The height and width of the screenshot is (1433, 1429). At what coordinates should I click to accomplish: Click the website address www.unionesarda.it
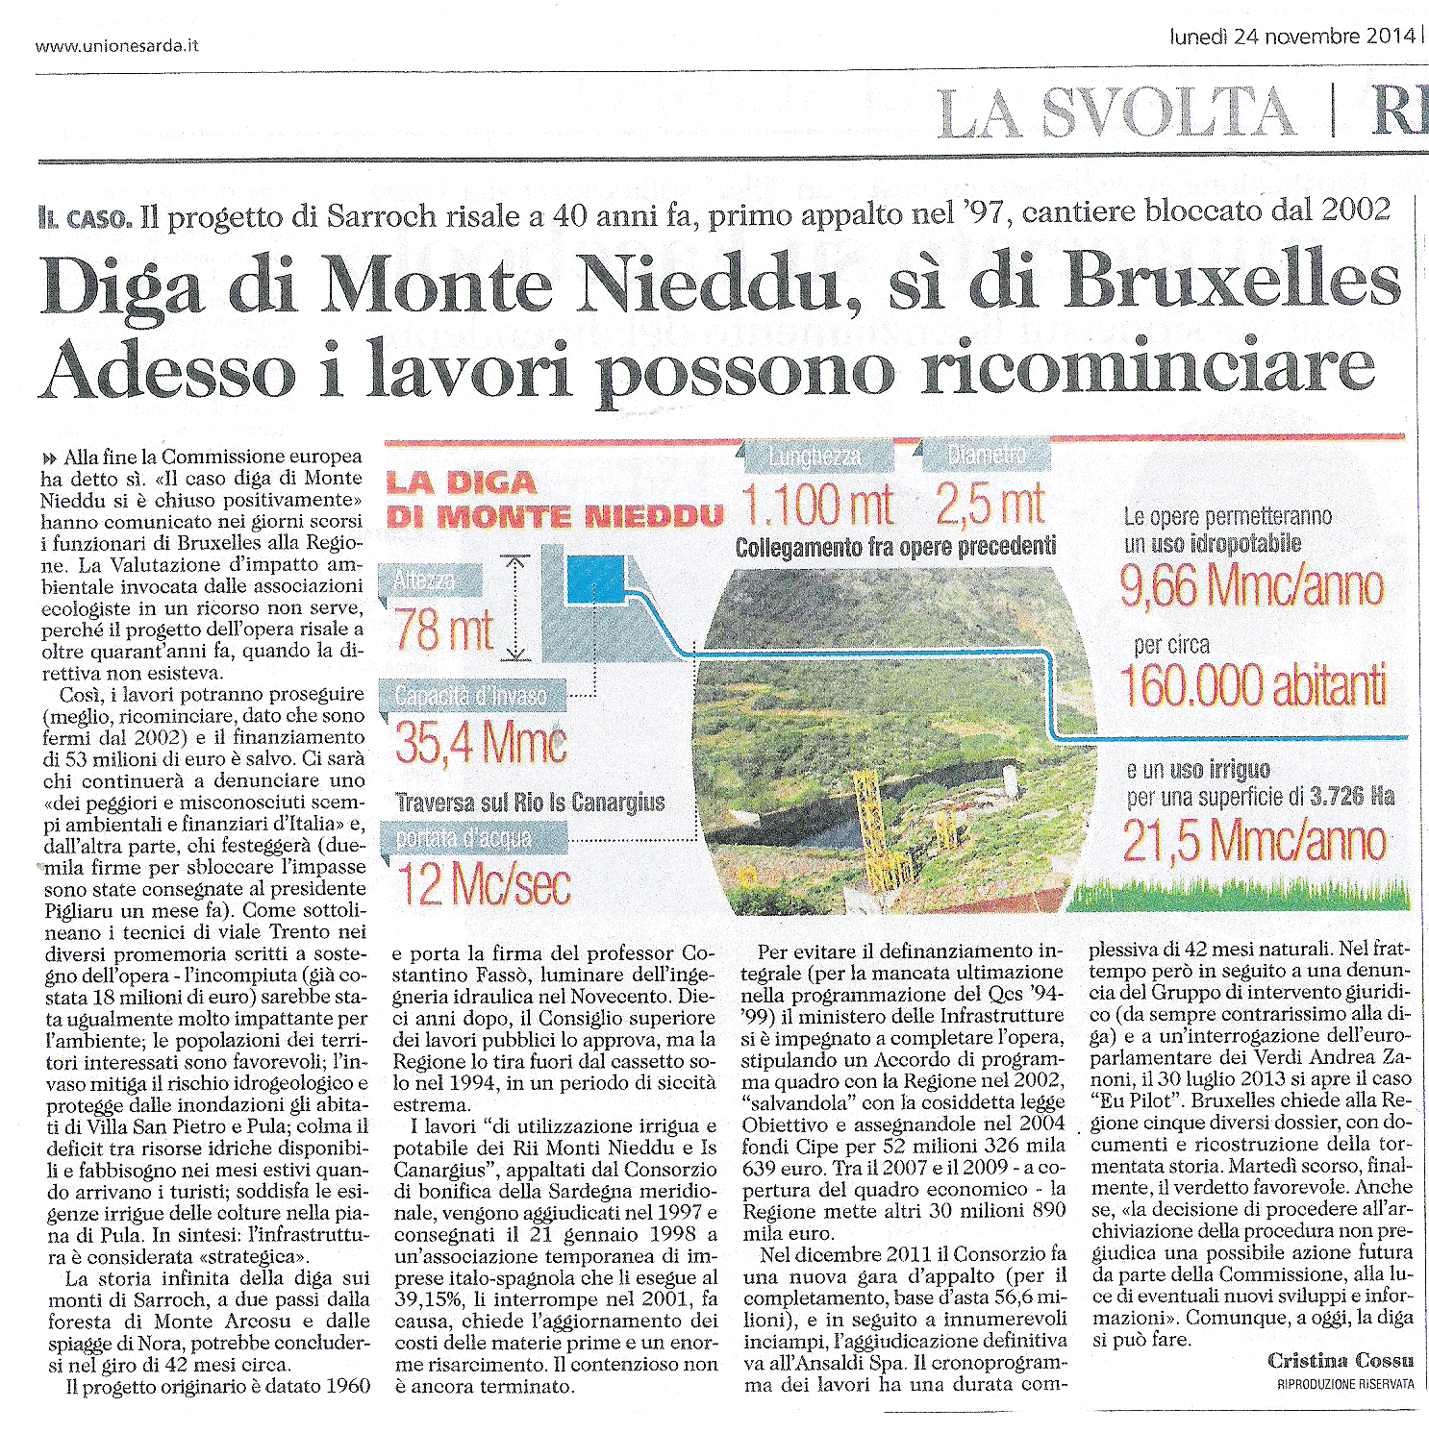116,45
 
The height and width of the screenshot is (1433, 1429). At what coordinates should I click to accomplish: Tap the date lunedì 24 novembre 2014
1291,37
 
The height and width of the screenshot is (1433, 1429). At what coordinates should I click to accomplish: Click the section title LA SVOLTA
1116,112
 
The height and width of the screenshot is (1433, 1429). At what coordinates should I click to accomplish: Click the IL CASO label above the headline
85,218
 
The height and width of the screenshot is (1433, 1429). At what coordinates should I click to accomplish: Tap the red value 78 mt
443,630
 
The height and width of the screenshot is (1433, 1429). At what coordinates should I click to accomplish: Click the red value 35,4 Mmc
480,743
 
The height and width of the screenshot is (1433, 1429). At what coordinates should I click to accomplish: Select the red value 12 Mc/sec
484,884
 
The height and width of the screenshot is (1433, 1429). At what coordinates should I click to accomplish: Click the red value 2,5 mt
990,505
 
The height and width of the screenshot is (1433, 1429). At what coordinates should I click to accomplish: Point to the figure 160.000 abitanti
1252,685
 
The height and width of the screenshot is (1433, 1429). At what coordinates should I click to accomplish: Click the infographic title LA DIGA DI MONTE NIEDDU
553,501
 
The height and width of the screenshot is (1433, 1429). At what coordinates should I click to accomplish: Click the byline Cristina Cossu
1340,1360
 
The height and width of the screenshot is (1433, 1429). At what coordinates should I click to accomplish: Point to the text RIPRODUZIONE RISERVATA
1344,1384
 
